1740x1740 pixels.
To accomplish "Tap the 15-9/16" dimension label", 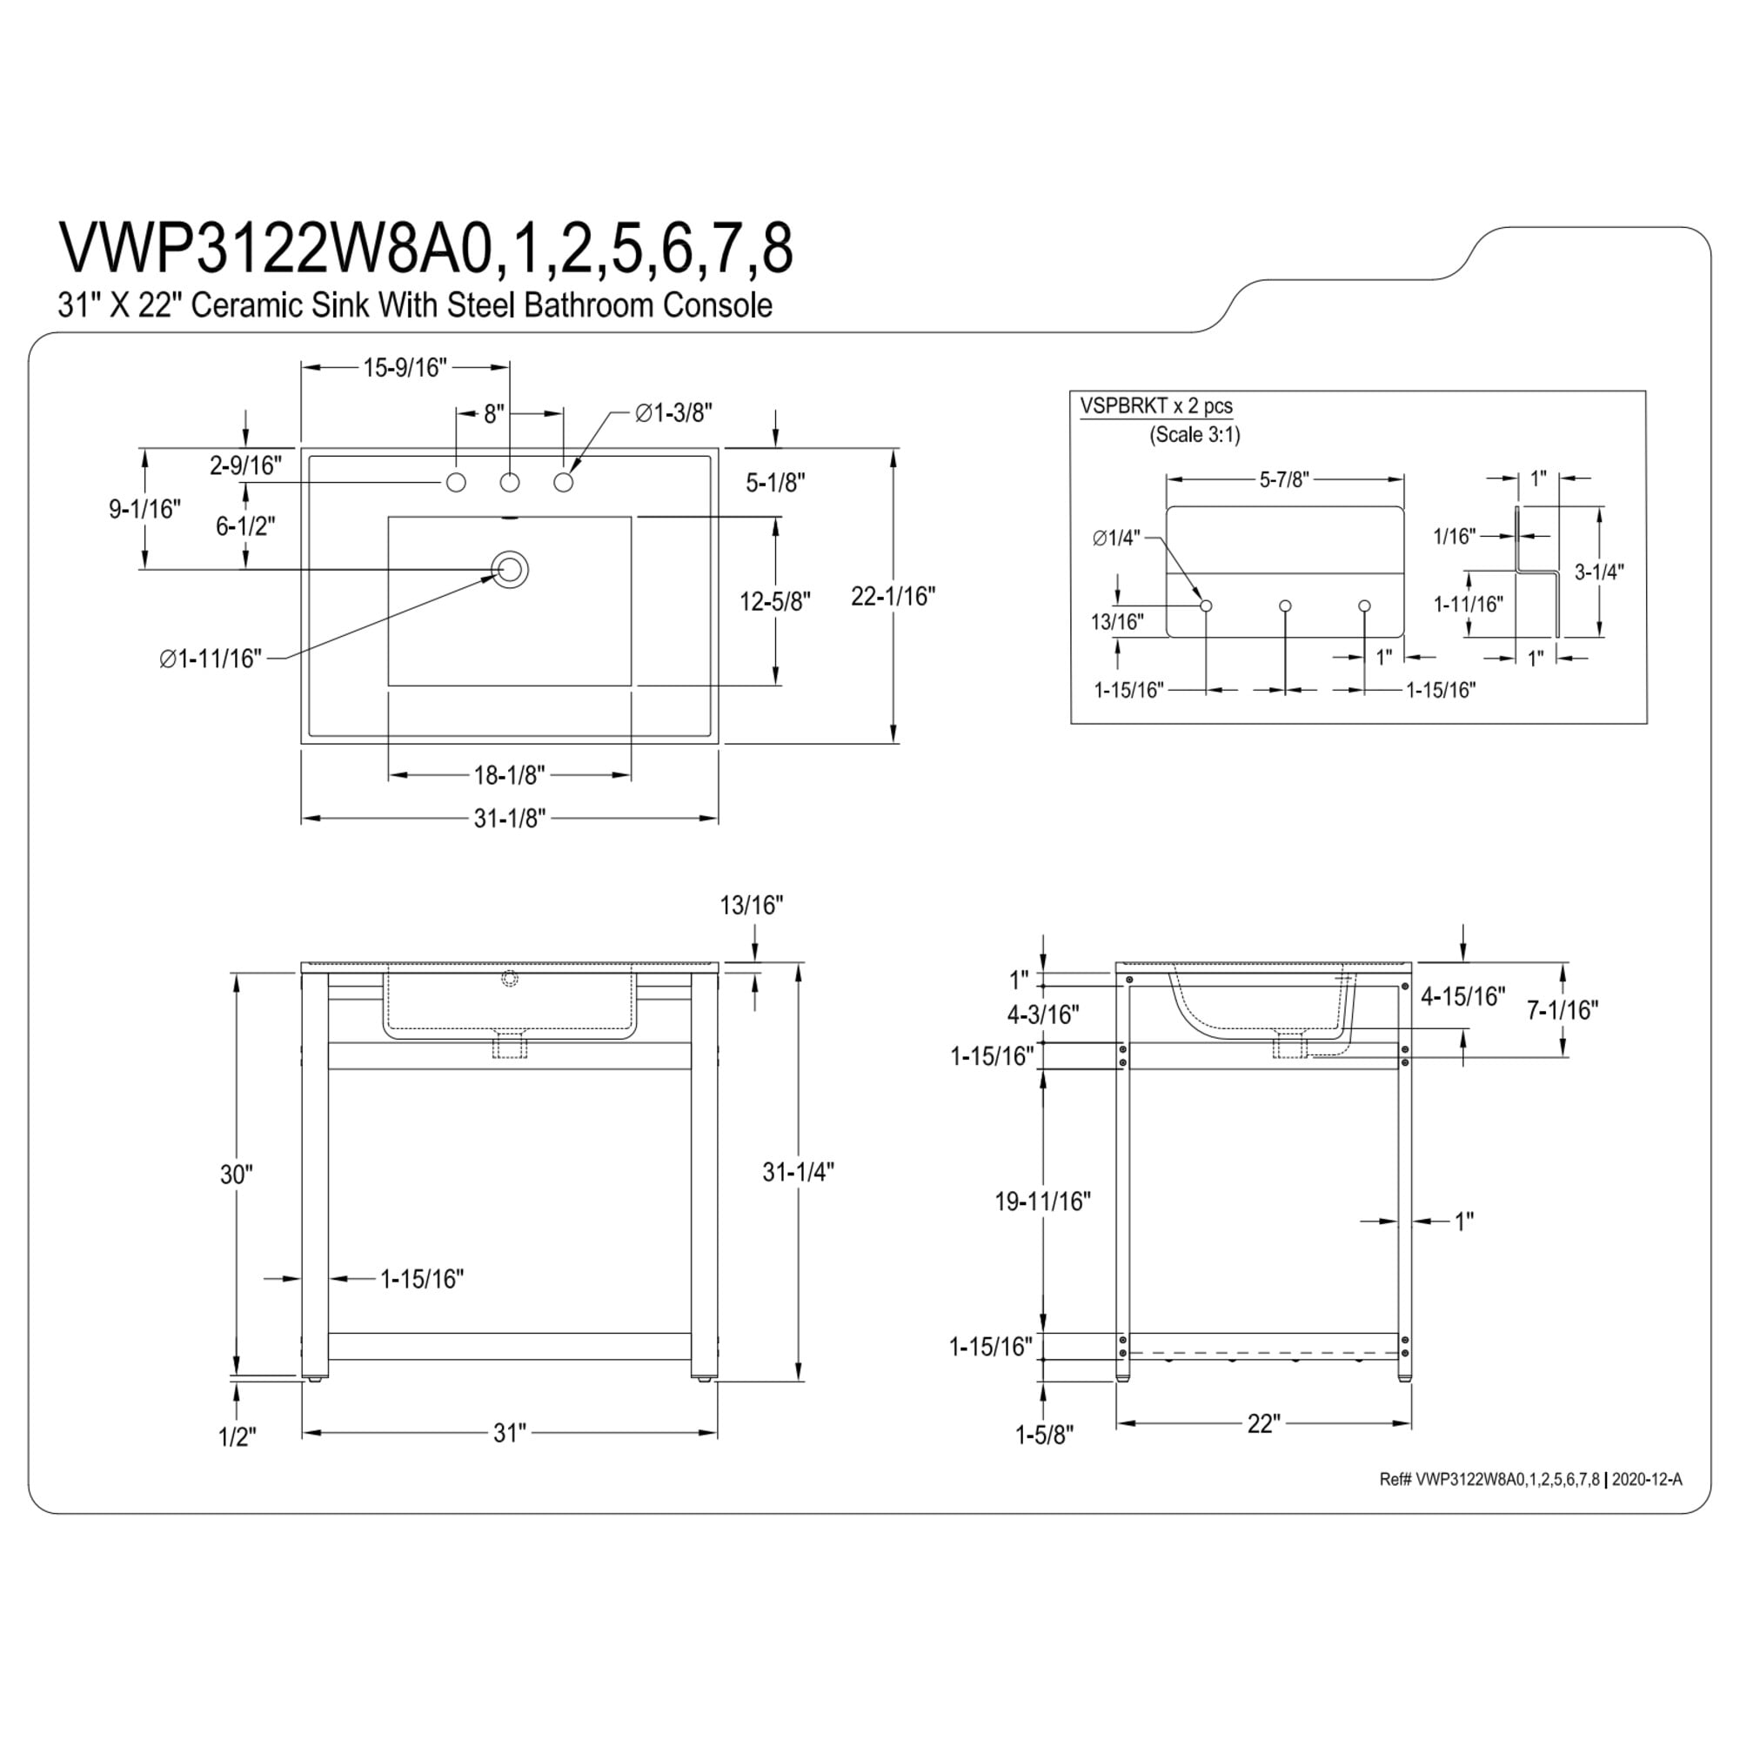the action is [405, 367].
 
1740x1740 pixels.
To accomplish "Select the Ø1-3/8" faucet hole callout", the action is [673, 412].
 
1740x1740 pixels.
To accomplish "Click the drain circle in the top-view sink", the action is [510, 569].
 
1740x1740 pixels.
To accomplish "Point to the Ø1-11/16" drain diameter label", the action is [210, 659].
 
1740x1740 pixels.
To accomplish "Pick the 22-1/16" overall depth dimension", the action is [893, 595].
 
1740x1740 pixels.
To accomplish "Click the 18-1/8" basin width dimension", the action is [510, 774].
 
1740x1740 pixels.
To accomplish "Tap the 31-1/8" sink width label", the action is [510, 818].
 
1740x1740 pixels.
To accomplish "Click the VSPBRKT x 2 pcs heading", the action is [1156, 405].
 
